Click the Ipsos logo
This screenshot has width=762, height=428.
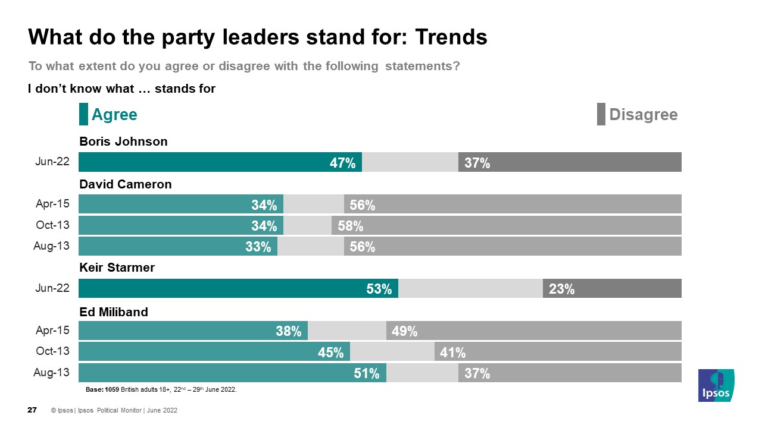pyautogui.click(x=716, y=385)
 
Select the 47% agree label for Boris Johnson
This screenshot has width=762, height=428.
pyautogui.click(x=342, y=163)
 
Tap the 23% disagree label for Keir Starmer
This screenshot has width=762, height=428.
pyautogui.click(x=561, y=289)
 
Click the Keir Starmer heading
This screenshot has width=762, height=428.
pyautogui.click(x=117, y=267)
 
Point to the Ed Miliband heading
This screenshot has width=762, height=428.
pyautogui.click(x=113, y=311)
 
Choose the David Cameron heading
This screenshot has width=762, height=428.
pyautogui.click(x=125, y=184)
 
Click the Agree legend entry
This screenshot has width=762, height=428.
pyautogui.click(x=114, y=115)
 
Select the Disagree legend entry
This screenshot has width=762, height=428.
pyautogui.click(x=643, y=115)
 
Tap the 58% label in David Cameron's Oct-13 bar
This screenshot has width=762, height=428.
pyautogui.click(x=350, y=226)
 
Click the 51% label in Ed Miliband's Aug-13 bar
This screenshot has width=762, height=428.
pyautogui.click(x=367, y=373)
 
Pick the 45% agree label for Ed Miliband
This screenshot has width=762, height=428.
pyautogui.click(x=331, y=353)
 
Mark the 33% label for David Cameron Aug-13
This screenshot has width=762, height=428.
pyautogui.click(x=258, y=247)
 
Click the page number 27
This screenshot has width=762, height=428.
pyautogui.click(x=33, y=410)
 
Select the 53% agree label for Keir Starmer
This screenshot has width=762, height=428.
pyautogui.click(x=379, y=289)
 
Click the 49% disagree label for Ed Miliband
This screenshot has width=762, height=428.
pyautogui.click(x=405, y=332)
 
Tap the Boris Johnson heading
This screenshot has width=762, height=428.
pyautogui.click(x=123, y=141)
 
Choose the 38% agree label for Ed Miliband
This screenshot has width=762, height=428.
pyautogui.click(x=288, y=332)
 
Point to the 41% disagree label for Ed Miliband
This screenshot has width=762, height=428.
pyautogui.click(x=452, y=353)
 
